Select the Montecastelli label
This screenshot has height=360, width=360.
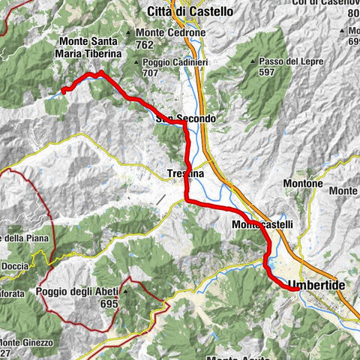[x=260, y=224]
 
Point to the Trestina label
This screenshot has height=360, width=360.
[x=184, y=174]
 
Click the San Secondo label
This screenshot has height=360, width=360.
[x=186, y=118]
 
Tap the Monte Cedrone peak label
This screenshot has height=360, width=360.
[x=170, y=34]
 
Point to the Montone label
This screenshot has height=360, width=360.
[x=303, y=184]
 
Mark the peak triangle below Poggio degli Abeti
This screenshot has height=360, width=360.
[x=127, y=292]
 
